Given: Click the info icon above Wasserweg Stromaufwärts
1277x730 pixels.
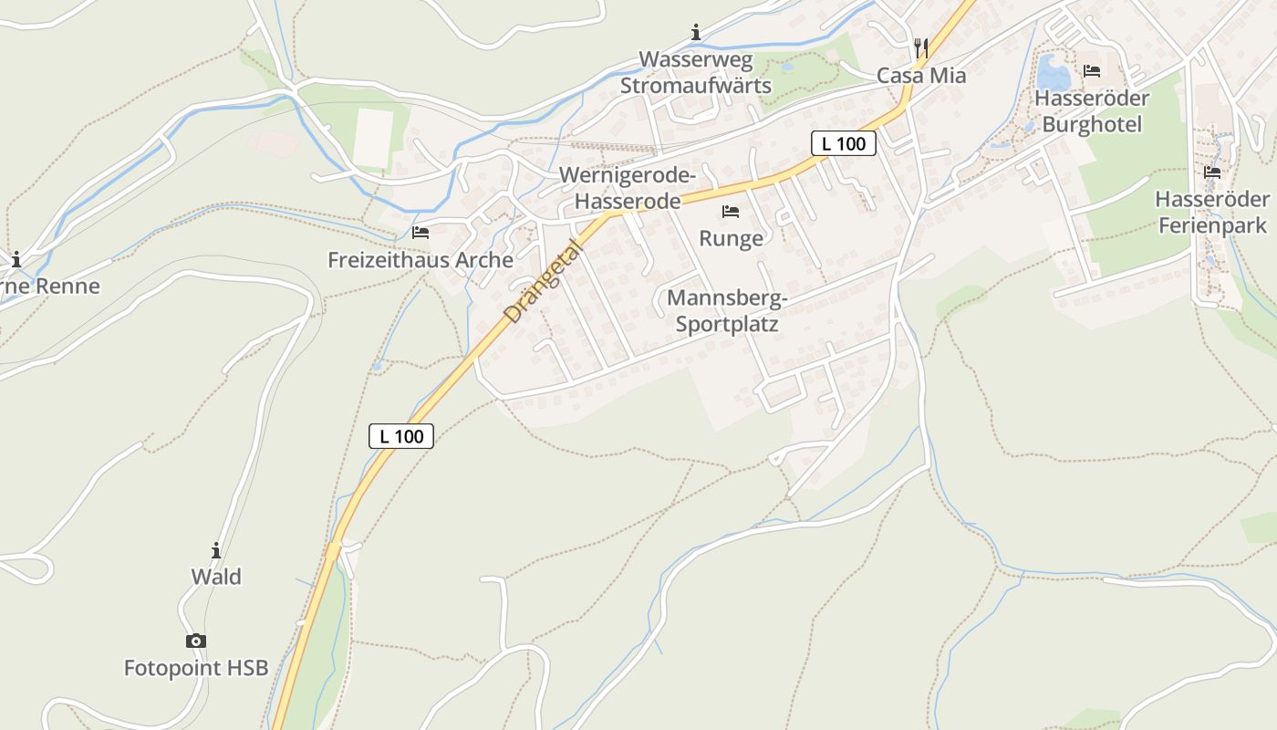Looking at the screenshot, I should click(x=696, y=34).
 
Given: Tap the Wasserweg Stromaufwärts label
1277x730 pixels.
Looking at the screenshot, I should click(x=696, y=73).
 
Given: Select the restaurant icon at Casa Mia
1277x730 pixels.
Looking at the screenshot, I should click(x=921, y=48).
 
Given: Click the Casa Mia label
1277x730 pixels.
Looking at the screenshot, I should click(x=921, y=76).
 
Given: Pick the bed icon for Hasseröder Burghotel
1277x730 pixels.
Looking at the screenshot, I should click(x=1092, y=71).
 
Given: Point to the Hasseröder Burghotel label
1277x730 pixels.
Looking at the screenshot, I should click(x=1092, y=110).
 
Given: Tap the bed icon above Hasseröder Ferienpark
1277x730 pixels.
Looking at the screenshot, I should click(x=1212, y=172).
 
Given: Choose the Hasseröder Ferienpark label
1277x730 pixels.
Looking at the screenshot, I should click(x=1212, y=212).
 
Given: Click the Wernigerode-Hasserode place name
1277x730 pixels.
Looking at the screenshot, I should click(x=628, y=188).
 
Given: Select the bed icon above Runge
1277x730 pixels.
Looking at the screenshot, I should click(x=731, y=212).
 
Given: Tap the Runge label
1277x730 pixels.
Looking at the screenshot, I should click(x=731, y=239).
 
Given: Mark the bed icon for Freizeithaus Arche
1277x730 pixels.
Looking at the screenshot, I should click(x=420, y=233).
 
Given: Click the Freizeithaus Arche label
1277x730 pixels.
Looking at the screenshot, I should click(x=420, y=260).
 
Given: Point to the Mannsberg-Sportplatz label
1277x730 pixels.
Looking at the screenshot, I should click(x=727, y=310).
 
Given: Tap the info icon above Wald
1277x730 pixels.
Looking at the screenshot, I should click(x=216, y=550).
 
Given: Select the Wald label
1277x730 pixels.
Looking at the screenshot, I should click(x=216, y=577).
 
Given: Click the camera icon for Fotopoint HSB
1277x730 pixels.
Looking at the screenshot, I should click(x=196, y=641).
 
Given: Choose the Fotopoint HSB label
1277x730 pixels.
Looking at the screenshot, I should click(x=196, y=668).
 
